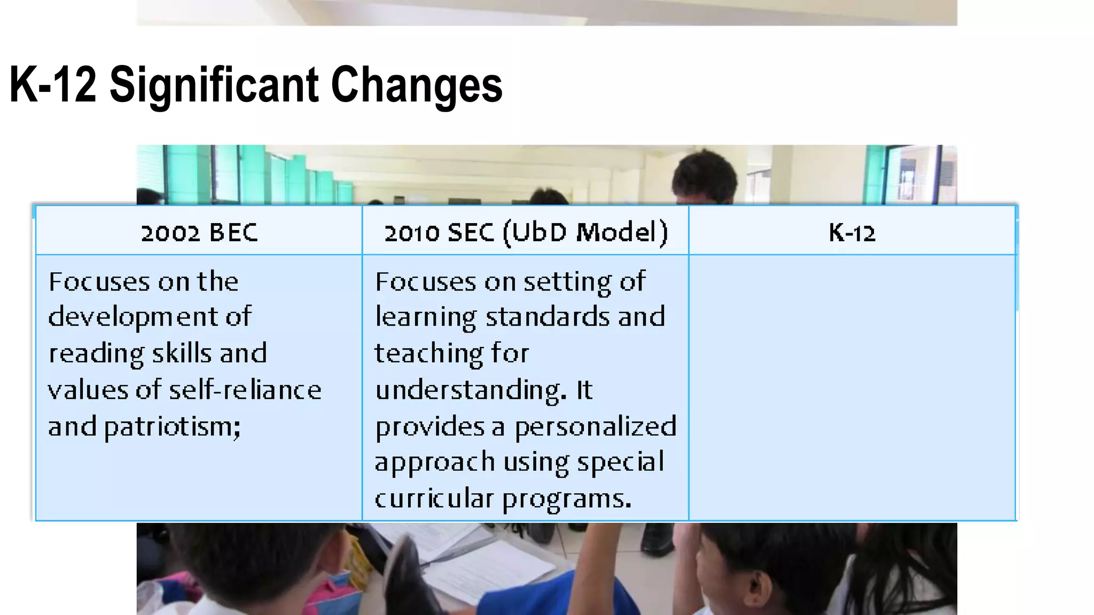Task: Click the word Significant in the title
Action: tap(214, 85)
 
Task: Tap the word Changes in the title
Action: tap(417, 85)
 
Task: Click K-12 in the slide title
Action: tap(53, 85)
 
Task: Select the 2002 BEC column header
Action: tap(199, 233)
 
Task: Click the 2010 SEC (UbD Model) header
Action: tap(526, 233)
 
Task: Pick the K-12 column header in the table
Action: tap(852, 233)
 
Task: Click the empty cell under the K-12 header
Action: tap(852, 387)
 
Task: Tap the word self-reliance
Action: tap(245, 390)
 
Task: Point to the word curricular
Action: tap(434, 499)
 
